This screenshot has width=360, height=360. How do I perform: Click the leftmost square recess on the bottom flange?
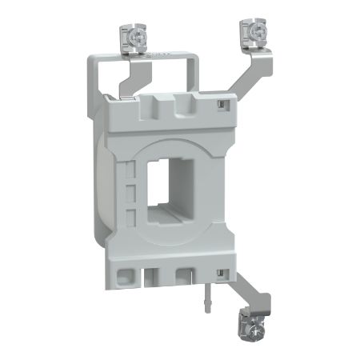pyautogui.click(x=125, y=275)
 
